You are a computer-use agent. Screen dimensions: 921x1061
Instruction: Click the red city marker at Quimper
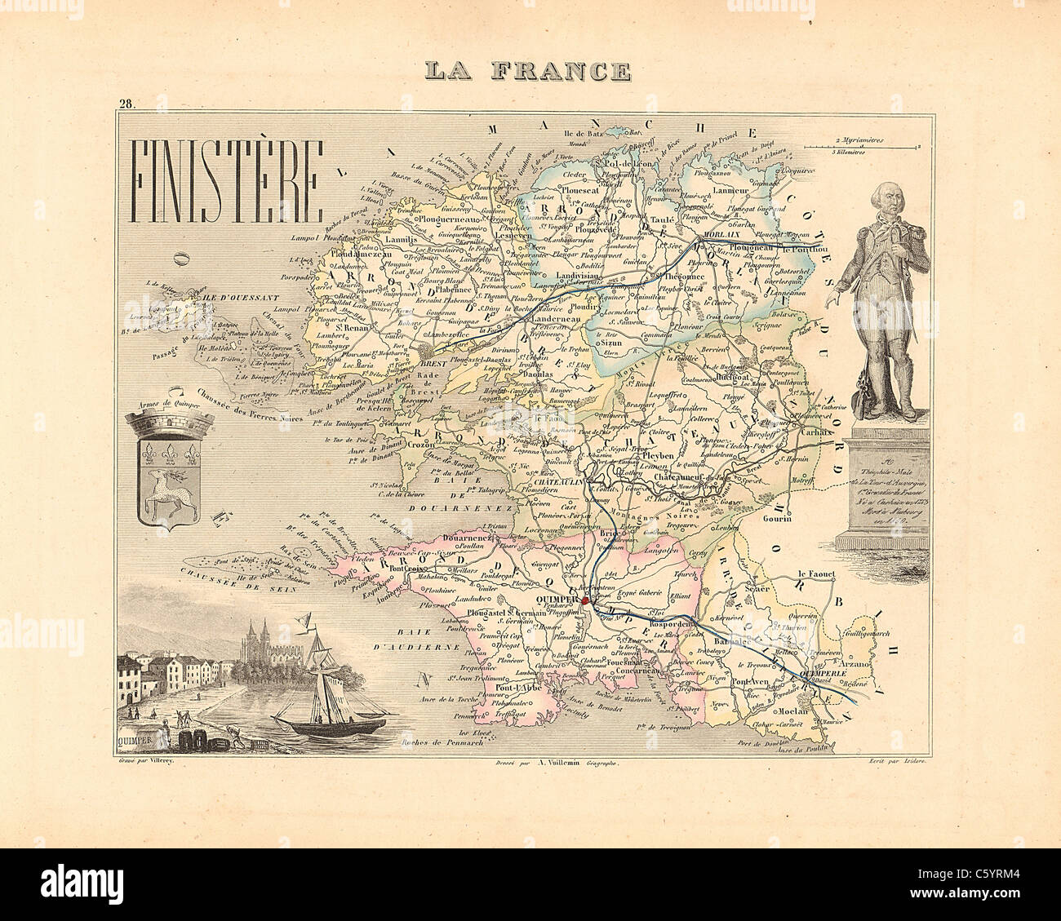pos(584,601)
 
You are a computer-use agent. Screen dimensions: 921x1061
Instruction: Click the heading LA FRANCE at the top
pos(526,72)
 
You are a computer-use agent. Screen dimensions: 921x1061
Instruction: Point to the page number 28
pos(127,104)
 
